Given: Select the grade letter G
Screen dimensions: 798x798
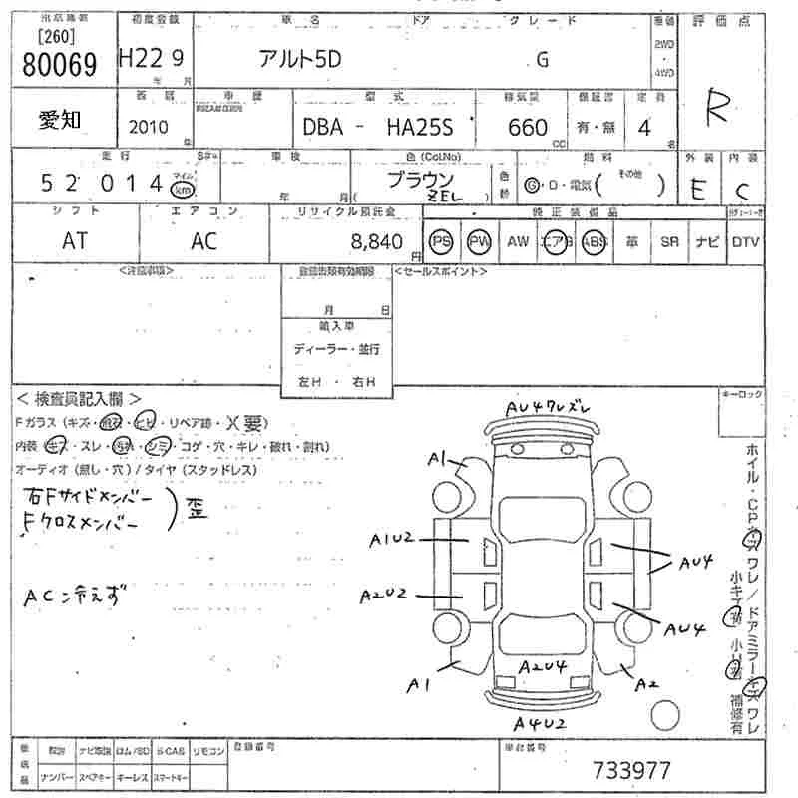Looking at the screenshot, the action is coord(543,59).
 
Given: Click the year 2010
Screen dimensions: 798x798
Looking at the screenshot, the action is coord(149,127).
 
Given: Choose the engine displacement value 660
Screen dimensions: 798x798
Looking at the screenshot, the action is coord(528,127).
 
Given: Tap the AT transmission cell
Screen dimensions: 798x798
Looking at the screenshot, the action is coord(75,241).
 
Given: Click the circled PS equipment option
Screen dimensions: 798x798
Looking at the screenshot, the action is coord(439,241).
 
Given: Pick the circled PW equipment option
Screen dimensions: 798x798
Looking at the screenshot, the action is coord(480,241).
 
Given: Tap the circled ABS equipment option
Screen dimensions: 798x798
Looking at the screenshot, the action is coord(595,241).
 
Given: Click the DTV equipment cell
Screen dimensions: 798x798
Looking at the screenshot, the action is coord(745,241).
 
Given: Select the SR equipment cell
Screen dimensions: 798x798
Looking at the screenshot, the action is coord(670,241).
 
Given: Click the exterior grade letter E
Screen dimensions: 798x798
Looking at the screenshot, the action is coord(698,188).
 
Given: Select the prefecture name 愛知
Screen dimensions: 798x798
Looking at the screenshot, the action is coord(61,120).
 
